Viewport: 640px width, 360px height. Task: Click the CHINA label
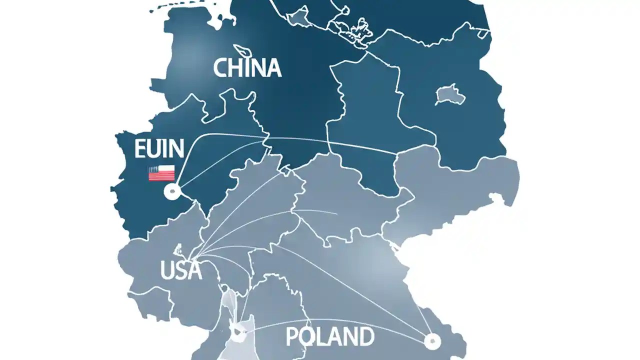[247, 68]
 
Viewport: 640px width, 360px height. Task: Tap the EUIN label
[159, 149]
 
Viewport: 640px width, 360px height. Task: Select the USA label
[181, 270]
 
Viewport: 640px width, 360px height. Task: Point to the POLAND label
[329, 337]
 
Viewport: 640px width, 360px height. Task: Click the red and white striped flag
[161, 173]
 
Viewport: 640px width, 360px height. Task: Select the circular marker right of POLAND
[431, 341]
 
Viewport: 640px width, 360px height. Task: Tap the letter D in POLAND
[365, 337]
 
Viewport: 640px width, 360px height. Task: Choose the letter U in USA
[167, 270]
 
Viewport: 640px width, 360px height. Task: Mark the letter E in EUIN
[140, 149]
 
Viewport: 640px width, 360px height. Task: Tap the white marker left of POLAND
[236, 330]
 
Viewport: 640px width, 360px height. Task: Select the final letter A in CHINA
[273, 68]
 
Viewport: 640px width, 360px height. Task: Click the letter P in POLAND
[292, 337]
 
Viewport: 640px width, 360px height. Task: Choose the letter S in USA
[181, 270]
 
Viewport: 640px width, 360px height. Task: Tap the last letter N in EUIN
[176, 149]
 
